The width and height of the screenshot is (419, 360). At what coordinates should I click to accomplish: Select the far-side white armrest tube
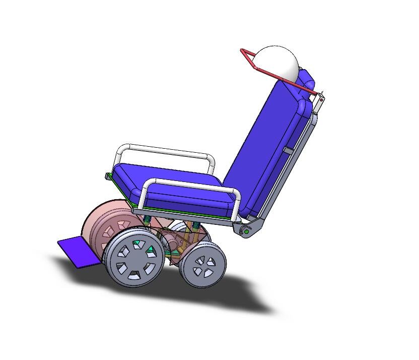click(166, 150)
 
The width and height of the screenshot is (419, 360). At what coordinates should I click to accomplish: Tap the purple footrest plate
click(78, 251)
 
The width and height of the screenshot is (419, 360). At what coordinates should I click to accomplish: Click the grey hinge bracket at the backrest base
click(254, 227)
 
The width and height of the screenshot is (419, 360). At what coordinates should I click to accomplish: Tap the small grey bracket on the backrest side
click(288, 150)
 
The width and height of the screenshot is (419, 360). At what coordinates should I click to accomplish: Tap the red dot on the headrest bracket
click(321, 100)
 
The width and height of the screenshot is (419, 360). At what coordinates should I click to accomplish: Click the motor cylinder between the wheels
click(174, 242)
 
